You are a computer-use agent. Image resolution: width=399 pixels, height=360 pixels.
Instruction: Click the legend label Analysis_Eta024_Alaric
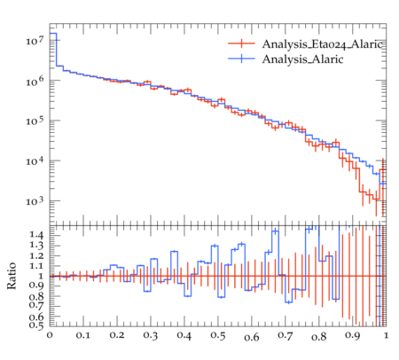coord(324,44)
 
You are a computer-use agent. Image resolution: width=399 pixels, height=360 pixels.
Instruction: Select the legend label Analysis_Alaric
coord(302,59)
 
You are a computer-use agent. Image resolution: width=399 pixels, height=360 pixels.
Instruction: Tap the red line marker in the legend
coord(241,43)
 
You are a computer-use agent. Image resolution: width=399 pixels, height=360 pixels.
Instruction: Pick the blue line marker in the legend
coord(241,59)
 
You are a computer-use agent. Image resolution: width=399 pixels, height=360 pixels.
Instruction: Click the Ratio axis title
coord(12,276)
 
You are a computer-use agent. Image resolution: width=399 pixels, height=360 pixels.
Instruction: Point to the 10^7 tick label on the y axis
coord(35,41)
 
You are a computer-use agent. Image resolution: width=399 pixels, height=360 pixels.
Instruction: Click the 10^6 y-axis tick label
coord(35,81)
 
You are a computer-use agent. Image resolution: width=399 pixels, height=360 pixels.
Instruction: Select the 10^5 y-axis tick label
coord(35,121)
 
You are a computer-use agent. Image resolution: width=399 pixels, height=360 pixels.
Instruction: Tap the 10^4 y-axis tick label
coord(35,160)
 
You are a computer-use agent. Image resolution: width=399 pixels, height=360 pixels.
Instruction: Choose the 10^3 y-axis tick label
coord(35,201)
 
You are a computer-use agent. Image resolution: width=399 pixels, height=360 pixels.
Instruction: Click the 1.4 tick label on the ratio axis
coord(36,235)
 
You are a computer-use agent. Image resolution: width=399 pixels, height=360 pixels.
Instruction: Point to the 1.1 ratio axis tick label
coord(36,266)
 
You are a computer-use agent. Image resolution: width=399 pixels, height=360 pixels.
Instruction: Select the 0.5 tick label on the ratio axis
coord(36,325)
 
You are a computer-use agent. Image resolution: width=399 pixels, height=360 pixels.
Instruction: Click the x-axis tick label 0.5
coord(218,336)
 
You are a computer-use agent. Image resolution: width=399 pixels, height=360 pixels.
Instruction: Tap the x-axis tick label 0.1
coord(83,336)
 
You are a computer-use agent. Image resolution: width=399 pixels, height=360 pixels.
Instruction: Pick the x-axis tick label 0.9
coord(353,336)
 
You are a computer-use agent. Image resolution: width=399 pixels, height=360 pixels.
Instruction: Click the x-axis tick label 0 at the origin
coord(50,335)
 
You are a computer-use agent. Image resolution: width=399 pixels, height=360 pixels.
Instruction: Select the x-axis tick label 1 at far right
coord(386,335)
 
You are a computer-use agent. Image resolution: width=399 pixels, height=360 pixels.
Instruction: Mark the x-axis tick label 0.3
coord(151,336)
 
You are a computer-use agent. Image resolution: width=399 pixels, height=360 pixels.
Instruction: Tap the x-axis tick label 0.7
coord(286,336)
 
